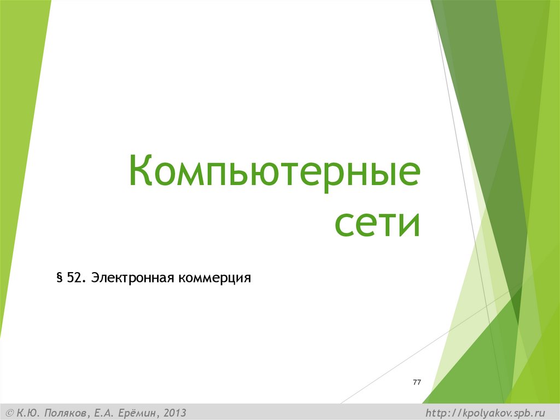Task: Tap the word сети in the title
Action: click(x=377, y=223)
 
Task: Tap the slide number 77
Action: click(x=417, y=382)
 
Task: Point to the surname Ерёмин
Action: click(x=135, y=412)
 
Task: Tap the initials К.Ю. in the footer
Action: click(x=28, y=412)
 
